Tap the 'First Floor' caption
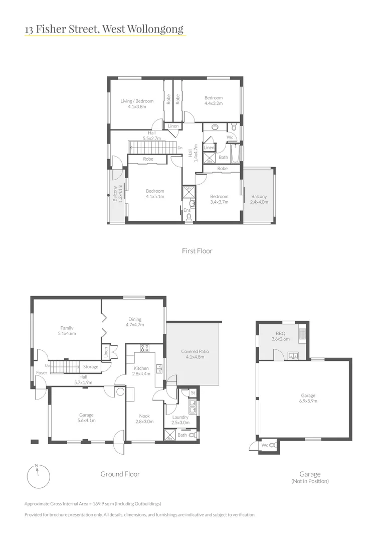(x=197, y=250)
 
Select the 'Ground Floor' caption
(x=120, y=474)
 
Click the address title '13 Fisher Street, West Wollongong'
(x=104, y=29)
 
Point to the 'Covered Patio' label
(x=195, y=354)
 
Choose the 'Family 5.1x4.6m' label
(x=67, y=330)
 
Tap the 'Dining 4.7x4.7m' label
(x=134, y=322)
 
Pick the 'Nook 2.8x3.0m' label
(x=144, y=419)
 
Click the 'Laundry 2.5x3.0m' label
(x=180, y=420)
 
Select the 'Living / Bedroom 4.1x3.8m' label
(x=137, y=103)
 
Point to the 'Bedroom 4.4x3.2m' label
(x=213, y=100)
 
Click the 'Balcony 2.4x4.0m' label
(x=259, y=199)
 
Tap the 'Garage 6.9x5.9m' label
(x=308, y=398)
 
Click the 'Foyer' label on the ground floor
(x=41, y=373)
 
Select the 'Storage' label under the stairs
(x=91, y=367)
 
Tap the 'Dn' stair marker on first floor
(x=179, y=148)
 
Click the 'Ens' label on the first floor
(x=186, y=210)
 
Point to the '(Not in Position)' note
(x=309, y=481)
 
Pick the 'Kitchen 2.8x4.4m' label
(x=141, y=371)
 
